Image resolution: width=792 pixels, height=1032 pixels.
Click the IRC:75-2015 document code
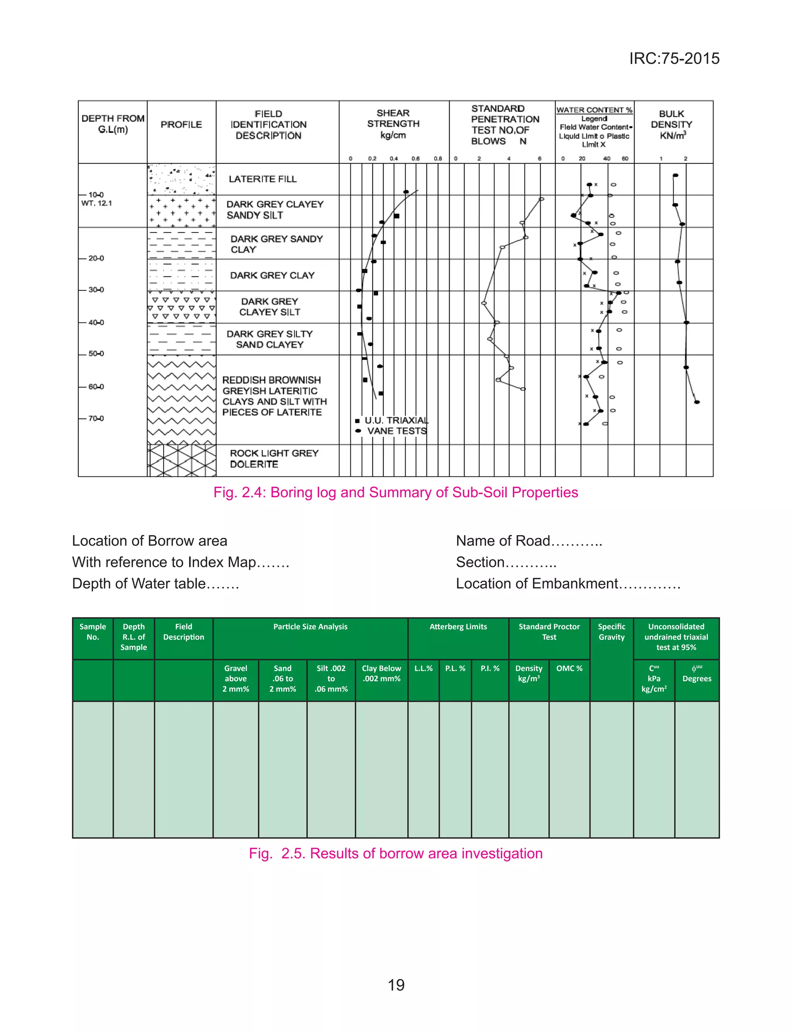674,58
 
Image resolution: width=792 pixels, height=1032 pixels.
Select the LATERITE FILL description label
263,179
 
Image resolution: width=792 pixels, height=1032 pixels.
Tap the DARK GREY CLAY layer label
272,275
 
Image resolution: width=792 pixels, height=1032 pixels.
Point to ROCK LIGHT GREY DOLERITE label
274,459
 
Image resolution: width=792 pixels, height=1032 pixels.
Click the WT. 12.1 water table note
97,203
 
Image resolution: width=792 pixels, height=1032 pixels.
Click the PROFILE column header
181,125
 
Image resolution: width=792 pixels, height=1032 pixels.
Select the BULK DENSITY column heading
671,125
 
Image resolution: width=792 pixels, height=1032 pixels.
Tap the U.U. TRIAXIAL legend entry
396,420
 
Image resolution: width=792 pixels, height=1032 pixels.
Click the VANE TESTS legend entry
396,431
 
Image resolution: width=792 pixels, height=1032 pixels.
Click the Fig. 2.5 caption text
396,853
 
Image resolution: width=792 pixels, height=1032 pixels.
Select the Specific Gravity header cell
611,631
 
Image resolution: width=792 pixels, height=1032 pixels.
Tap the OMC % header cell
569,668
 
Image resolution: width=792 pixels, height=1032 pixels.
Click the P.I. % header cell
490,668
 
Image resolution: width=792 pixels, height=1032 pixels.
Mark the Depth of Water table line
155,583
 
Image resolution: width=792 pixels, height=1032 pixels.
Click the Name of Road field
529,541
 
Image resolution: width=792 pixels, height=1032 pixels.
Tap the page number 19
396,985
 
